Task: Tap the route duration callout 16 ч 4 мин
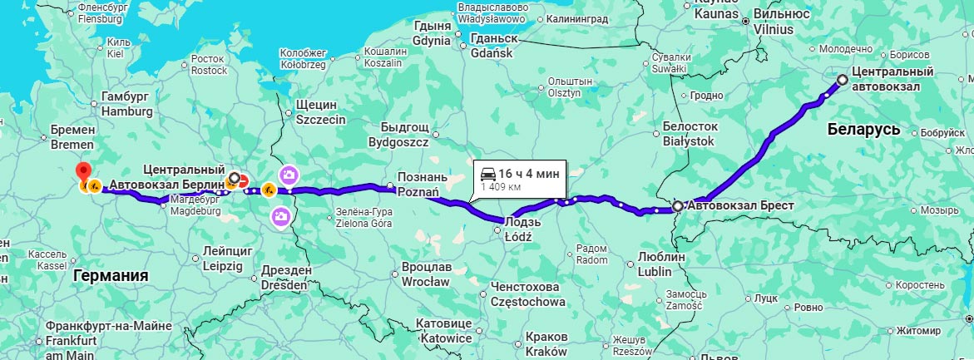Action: [x=521, y=174]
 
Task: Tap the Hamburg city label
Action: [x=126, y=111]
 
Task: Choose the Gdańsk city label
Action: [x=494, y=52]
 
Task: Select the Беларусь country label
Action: [x=864, y=131]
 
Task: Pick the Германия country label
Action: [x=111, y=275]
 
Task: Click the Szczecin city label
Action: [x=320, y=120]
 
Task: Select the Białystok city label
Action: [x=690, y=141]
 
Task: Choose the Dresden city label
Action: [x=285, y=284]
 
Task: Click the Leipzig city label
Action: [x=223, y=267]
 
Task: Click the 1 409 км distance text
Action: [x=501, y=187]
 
